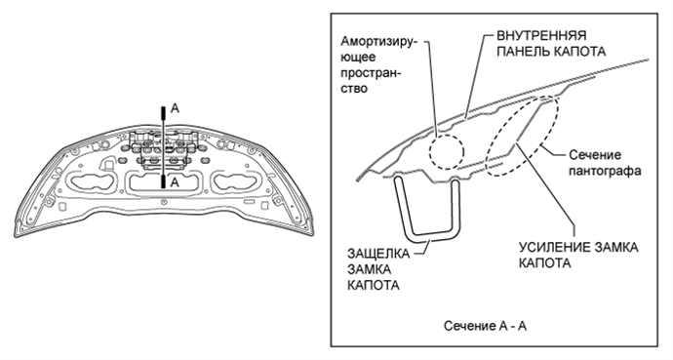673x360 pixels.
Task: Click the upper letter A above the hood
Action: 175,110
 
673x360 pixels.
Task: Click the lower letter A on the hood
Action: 175,182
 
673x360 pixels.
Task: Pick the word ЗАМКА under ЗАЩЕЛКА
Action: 369,272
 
